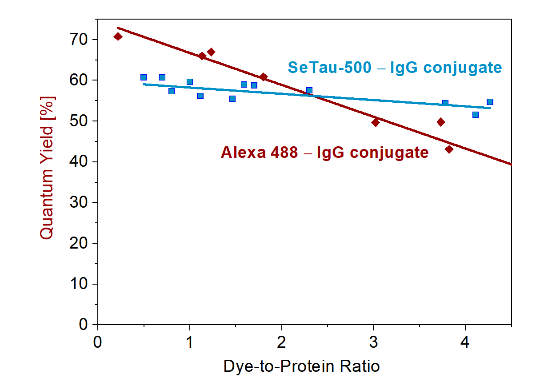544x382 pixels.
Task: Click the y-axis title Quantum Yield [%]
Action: click(47, 168)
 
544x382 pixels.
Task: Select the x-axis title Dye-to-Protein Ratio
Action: click(302, 366)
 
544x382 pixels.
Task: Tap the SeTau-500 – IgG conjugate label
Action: click(395, 68)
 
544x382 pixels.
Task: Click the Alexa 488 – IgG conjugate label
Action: click(324, 153)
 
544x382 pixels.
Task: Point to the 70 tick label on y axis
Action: click(80, 40)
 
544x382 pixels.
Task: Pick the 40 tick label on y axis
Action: click(80, 162)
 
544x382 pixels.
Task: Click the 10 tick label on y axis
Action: click(80, 284)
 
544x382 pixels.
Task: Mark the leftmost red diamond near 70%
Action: click(118, 36)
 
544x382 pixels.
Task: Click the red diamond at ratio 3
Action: click(376, 122)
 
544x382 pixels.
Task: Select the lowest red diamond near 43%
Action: click(449, 149)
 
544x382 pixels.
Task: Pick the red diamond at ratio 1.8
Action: click(264, 77)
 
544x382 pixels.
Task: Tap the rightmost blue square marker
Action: click(490, 102)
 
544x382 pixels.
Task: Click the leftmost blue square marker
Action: click(144, 77)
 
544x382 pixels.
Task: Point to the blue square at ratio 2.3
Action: click(309, 90)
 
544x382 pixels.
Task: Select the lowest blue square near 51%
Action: click(476, 115)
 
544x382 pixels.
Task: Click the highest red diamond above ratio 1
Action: click(211, 52)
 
